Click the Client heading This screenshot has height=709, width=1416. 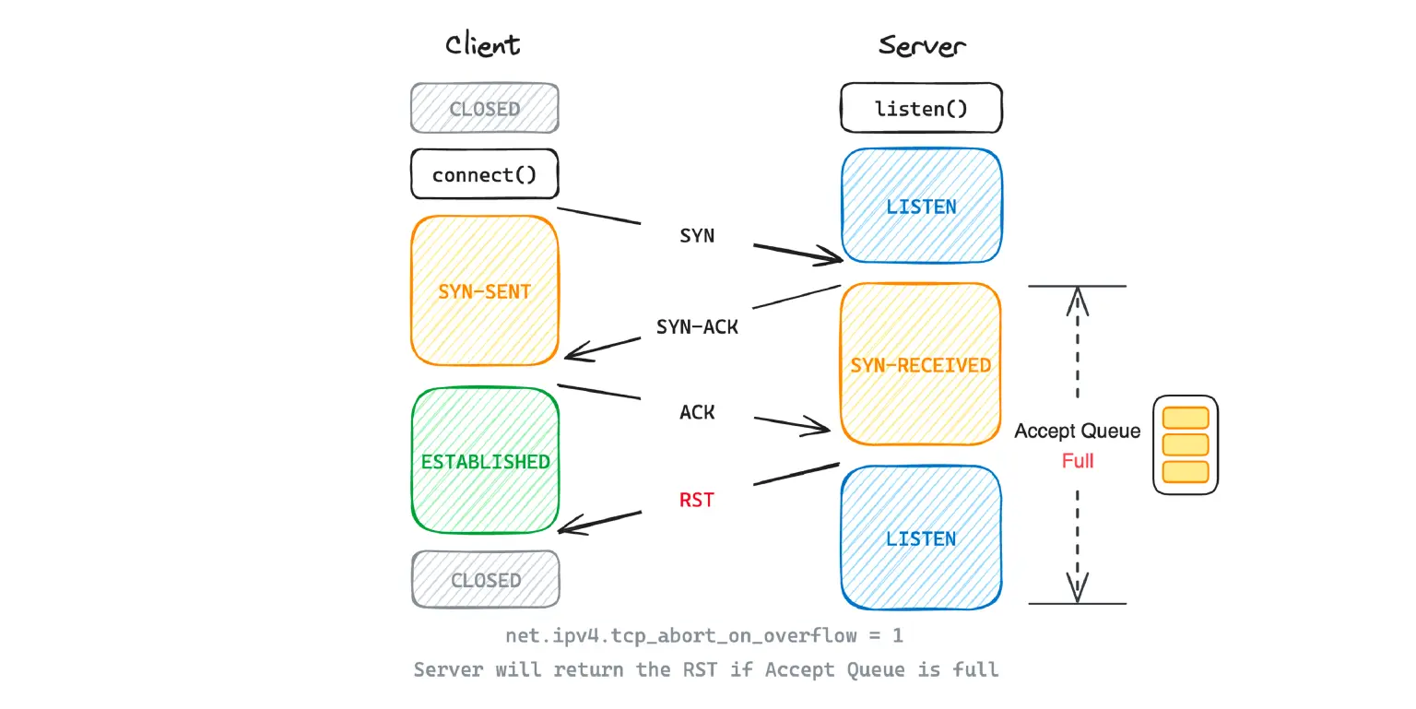482,45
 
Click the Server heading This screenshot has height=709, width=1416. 922,45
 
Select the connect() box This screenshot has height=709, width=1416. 484,174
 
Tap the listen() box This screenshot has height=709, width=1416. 921,109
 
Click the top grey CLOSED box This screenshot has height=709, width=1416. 484,109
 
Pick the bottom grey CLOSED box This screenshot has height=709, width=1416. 485,580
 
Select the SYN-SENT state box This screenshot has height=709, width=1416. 484,291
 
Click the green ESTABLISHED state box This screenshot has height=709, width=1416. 485,461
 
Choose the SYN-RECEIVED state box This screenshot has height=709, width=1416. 920,365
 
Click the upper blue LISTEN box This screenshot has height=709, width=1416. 921,207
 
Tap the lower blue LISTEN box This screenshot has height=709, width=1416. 921,538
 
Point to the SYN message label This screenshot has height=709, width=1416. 697,236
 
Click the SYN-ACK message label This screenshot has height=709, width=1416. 697,326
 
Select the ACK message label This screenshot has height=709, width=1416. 697,412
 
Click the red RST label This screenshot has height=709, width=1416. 697,501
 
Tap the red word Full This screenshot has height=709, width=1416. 1077,460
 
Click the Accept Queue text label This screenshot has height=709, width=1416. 1077,431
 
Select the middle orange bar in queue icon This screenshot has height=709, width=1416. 1185,444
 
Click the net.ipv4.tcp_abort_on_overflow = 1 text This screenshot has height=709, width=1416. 704,636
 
